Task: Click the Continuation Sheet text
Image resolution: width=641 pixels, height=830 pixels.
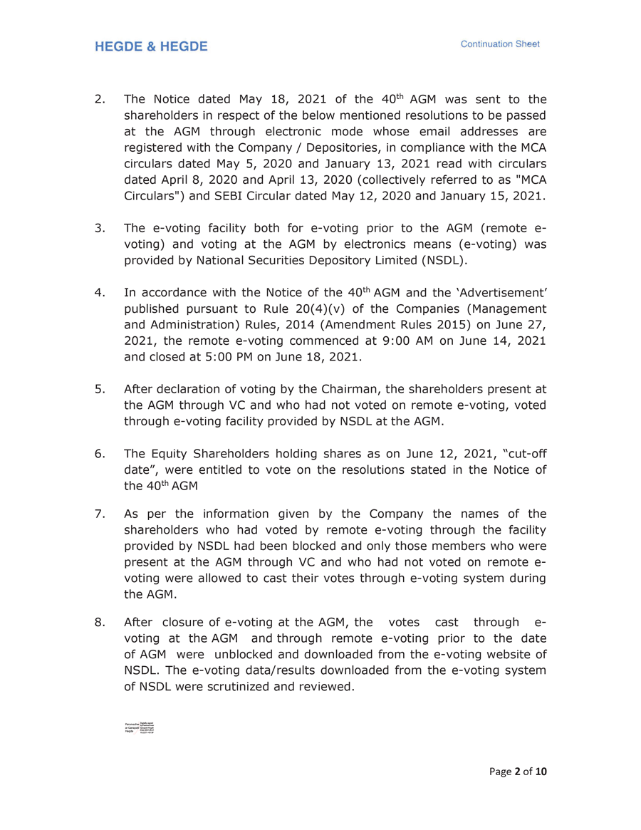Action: (x=500, y=44)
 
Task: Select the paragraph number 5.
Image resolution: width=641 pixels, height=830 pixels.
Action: (x=100, y=389)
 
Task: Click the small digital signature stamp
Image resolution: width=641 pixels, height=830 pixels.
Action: (x=140, y=728)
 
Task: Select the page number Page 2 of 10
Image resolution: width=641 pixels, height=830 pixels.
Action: (x=518, y=771)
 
